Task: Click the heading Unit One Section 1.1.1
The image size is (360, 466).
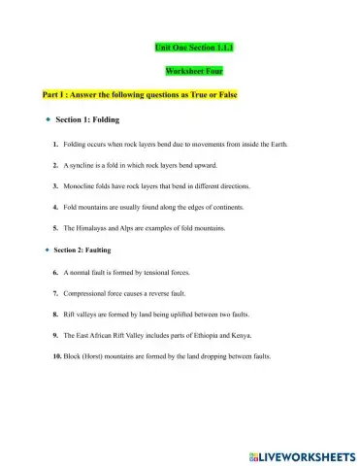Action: point(194,47)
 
